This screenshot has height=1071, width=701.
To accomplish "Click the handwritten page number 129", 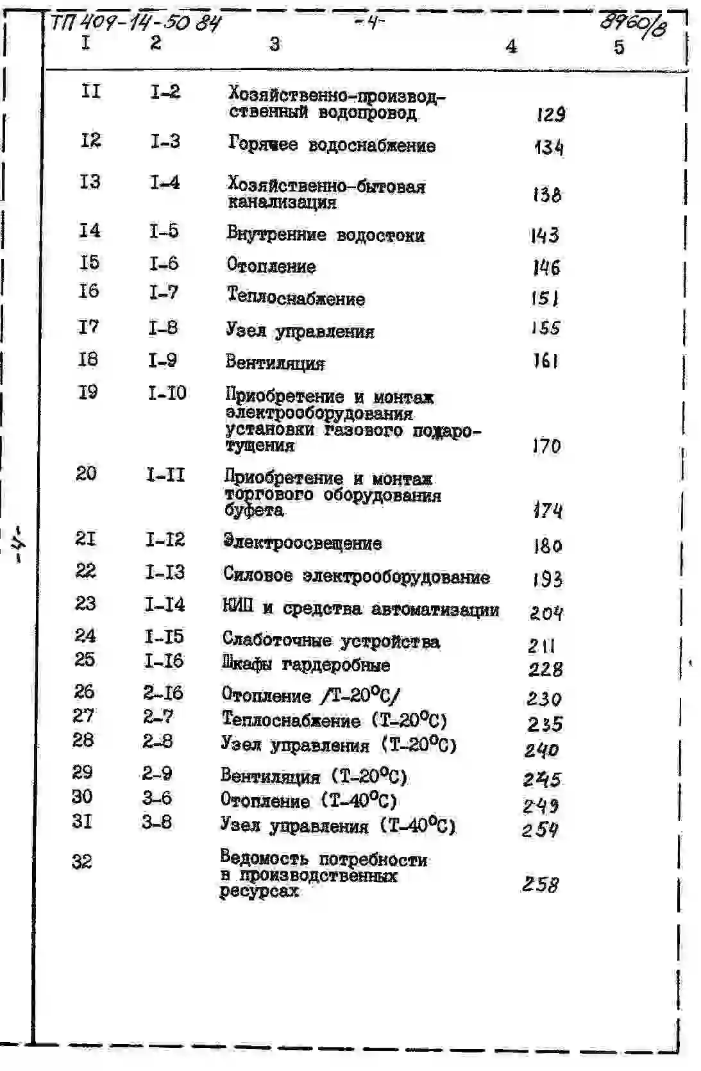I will coord(551,115).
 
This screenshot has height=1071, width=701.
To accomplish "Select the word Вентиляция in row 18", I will coord(274,363).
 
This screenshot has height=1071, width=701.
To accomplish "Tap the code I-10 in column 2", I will coord(167,392).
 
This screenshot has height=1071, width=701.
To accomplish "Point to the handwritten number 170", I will coord(546,446).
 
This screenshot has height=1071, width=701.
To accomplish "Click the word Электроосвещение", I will coord(302,543).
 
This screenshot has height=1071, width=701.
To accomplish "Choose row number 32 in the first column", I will coord(81,861).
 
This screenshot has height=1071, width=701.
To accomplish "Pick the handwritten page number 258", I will coord(540,884).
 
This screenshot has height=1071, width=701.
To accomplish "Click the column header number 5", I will coord(618,47).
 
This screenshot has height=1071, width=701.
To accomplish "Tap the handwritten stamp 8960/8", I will coord(632,25).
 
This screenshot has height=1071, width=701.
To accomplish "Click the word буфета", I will coord(254,511).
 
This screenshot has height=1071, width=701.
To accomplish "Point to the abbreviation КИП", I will coord(237,607).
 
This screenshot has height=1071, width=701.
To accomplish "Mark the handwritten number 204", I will coord(546,614).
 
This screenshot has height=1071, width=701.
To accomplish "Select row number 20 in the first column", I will coord(86,473).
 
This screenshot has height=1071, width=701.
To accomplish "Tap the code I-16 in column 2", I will coord(164,661).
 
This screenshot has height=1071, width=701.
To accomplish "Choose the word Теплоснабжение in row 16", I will coord(296,298).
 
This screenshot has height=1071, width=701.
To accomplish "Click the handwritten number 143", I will coord(545,236).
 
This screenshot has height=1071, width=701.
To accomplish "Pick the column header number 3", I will coord(274,44).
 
